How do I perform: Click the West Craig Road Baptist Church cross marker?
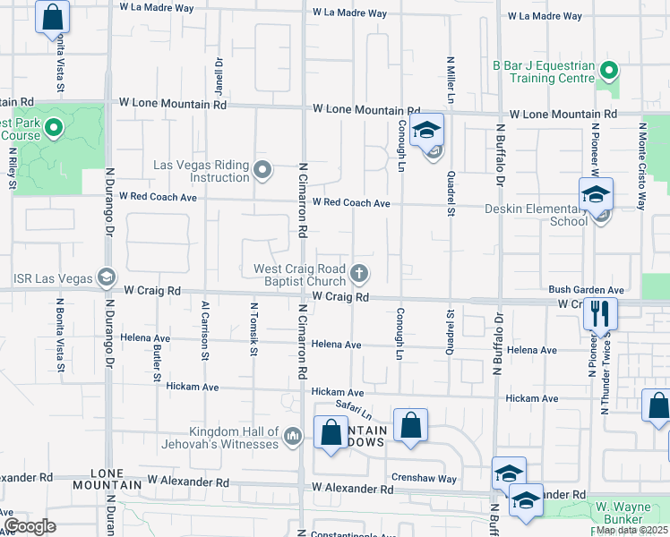[x=359, y=273]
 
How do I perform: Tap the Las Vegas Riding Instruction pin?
[x=262, y=168]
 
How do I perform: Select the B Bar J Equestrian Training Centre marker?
[x=609, y=70]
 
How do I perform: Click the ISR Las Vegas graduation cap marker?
[x=107, y=277]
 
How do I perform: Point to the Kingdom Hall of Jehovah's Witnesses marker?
[x=292, y=436]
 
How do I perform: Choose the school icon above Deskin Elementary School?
[x=596, y=194]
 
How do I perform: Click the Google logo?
[x=29, y=526]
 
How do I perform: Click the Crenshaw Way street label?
[x=424, y=478]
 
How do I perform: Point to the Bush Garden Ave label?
[x=586, y=290]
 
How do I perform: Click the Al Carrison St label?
[x=205, y=330]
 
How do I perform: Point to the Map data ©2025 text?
[x=631, y=530]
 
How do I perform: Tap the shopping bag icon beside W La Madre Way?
[x=53, y=16]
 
